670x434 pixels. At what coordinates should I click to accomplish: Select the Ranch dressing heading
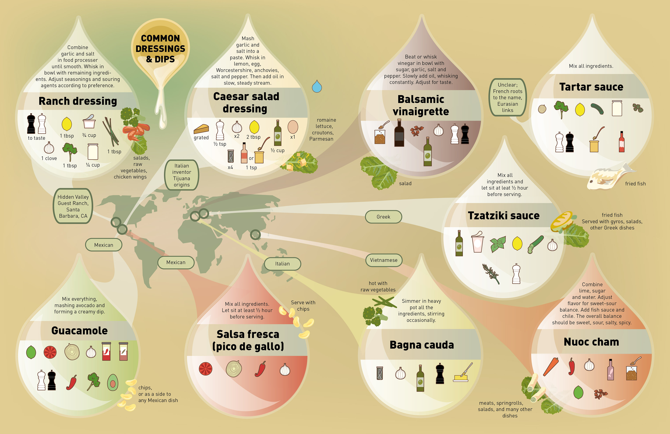pyautogui.click(x=78, y=101)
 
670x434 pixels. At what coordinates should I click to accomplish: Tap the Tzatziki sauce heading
pyautogui.click(x=504, y=216)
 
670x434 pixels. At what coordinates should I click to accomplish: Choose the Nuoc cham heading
pyautogui.click(x=591, y=342)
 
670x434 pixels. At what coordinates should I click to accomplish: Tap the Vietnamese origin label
pyautogui.click(x=384, y=260)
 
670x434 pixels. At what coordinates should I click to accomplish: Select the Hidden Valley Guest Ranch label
pyautogui.click(x=73, y=206)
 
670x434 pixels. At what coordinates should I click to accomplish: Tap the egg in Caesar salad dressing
pyautogui.click(x=293, y=127)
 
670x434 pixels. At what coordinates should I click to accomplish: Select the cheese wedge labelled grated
pyautogui.click(x=201, y=129)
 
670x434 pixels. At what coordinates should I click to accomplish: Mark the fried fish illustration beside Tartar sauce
pyautogui.click(x=608, y=177)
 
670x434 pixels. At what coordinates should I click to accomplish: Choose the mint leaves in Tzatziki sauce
pyautogui.click(x=498, y=244)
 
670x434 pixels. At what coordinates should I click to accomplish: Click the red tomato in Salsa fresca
pyautogui.click(x=206, y=369)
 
